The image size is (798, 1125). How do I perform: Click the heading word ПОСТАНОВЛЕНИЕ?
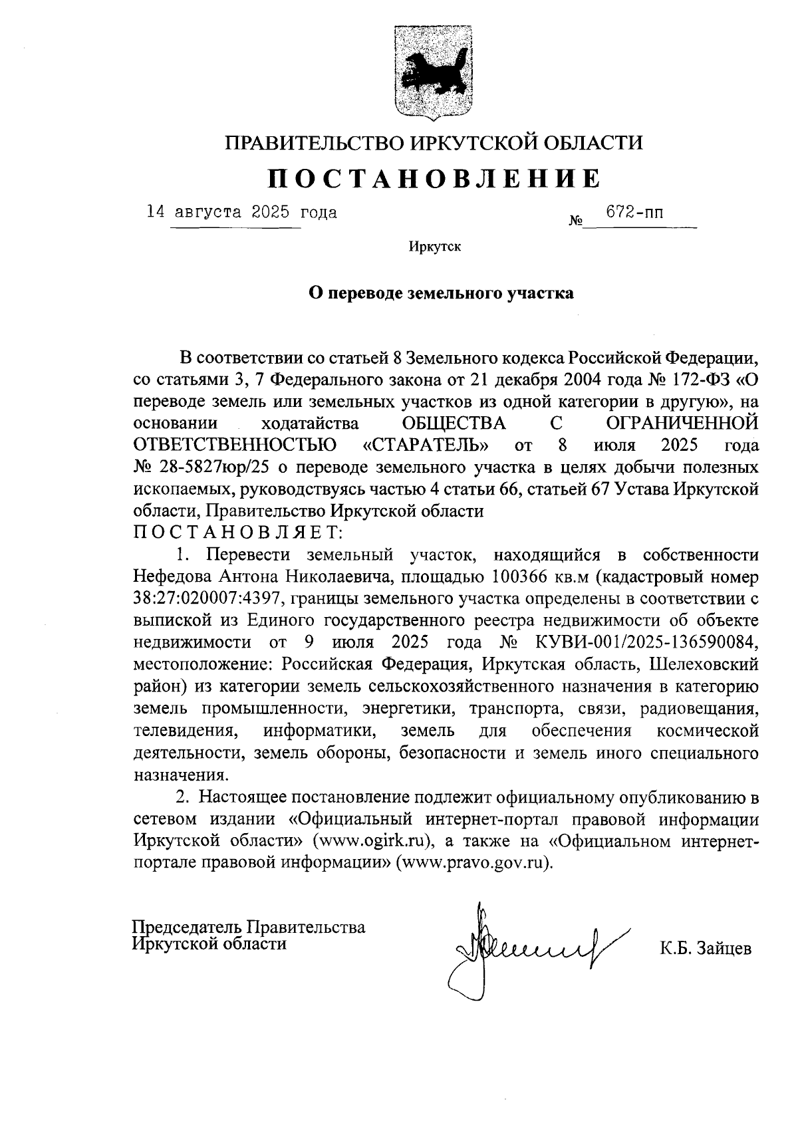(434, 178)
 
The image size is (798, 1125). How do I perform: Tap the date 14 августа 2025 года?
(242, 213)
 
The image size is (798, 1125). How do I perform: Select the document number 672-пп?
(634, 213)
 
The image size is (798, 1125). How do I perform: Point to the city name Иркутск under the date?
(435, 247)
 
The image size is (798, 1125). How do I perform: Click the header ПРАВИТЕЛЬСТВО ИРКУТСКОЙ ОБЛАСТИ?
(434, 142)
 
